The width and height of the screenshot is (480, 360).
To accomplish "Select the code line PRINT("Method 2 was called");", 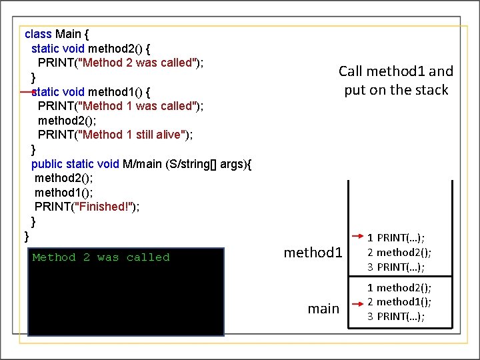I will coord(120,63).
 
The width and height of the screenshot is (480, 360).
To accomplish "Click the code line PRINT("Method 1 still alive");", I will coord(115,135).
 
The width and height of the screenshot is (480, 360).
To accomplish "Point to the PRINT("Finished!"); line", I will coord(87,207).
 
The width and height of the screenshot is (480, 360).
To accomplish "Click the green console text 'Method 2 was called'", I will coord(101,257).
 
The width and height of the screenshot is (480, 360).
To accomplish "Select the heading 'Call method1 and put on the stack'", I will coord(396,81).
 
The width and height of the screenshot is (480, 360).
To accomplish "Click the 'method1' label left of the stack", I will coord(313,253).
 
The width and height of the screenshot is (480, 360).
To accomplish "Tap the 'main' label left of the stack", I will coord(323,309).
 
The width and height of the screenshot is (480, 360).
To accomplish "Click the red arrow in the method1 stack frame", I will coord(357,237).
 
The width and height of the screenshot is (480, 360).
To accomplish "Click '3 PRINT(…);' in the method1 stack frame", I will coord(396,267).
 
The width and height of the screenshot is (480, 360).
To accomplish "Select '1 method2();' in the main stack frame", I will coord(399,287).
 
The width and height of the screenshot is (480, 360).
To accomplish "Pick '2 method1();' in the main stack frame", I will coord(399,302).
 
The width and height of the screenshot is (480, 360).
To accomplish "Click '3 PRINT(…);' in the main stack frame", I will coord(396,316).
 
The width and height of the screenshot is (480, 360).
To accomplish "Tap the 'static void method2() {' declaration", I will coord(94,48).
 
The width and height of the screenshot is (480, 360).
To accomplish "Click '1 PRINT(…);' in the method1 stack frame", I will coord(396,237).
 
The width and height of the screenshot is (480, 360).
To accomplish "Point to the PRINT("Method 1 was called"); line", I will coord(120,106).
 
